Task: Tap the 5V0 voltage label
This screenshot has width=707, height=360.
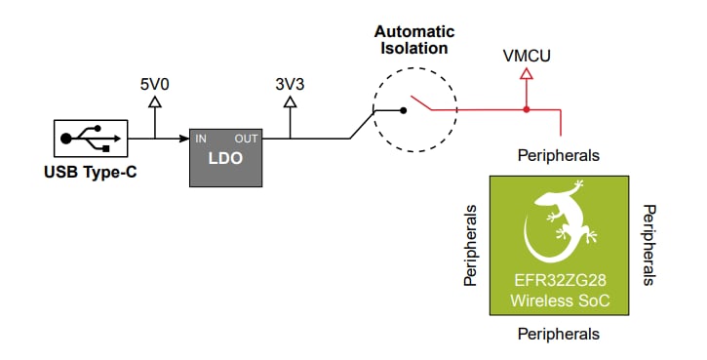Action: coord(155,85)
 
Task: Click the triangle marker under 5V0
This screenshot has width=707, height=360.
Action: coord(155,105)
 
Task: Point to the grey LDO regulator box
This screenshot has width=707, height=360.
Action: coord(225,156)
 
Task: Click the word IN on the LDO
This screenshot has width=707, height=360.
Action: coord(201,139)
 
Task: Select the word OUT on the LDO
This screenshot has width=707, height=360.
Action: coord(247,139)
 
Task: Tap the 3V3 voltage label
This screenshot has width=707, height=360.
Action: coord(290,85)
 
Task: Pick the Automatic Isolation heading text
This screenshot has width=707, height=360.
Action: coord(414,39)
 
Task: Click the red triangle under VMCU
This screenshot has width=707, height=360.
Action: coord(527,74)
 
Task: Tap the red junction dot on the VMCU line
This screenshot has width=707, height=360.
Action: coord(527,109)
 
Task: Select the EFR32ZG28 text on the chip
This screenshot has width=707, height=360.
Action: coord(560,281)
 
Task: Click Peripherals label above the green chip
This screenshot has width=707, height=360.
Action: coord(558,155)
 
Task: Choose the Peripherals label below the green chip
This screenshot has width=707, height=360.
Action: coord(558,334)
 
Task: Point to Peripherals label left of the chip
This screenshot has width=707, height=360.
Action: coord(471,245)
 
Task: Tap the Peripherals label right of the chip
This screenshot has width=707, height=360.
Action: coord(648,245)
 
